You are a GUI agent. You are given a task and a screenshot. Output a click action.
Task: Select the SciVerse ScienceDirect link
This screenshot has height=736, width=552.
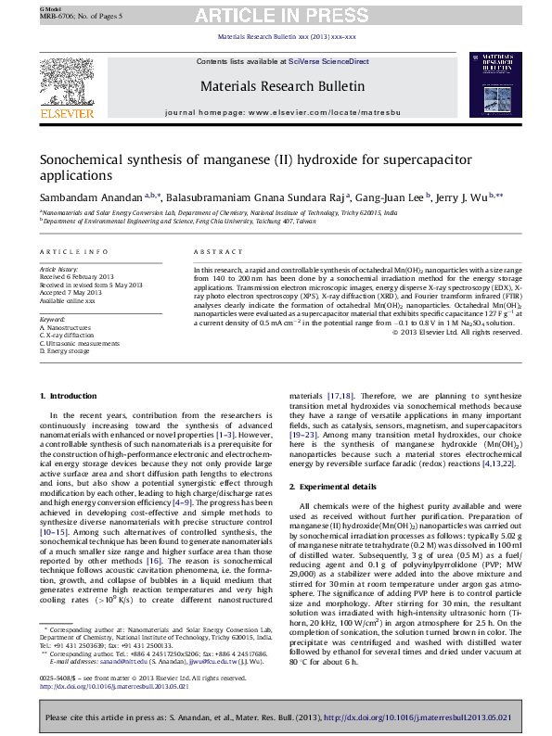(328, 61)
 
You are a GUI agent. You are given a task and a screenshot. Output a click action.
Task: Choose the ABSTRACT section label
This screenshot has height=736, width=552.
(218, 252)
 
